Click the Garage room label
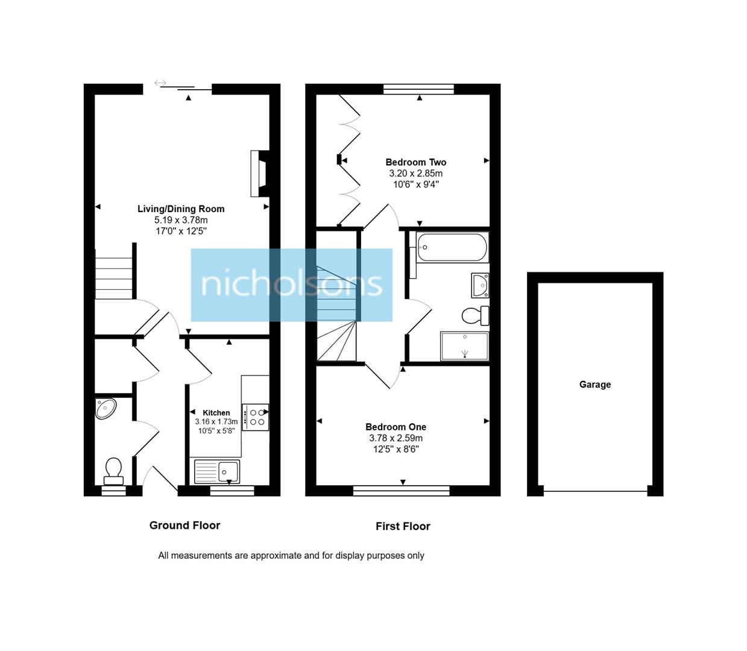click(x=594, y=385)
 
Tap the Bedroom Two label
click(x=415, y=162)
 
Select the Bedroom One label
click(x=396, y=427)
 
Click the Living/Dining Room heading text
click(x=181, y=209)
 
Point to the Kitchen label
click(x=216, y=413)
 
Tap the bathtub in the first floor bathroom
click(x=452, y=247)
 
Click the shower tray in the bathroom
click(x=464, y=346)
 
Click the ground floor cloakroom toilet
click(x=113, y=470)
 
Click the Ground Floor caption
click(x=184, y=526)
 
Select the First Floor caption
click(x=403, y=526)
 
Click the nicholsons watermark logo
click(x=292, y=285)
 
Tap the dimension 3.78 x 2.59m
click(x=396, y=438)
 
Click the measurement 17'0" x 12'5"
click(x=181, y=231)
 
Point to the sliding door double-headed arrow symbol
click(x=160, y=83)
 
